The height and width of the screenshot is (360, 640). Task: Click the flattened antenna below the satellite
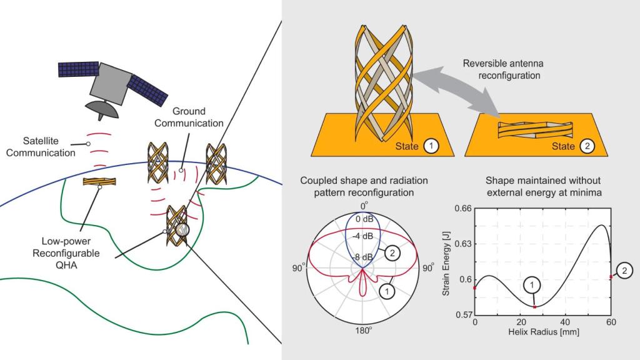pos(99,182)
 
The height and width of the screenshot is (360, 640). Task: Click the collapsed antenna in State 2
pos(534,129)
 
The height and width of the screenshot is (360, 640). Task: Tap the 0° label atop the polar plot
pos(364,204)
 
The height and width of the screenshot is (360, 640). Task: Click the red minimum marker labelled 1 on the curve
pos(535,307)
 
